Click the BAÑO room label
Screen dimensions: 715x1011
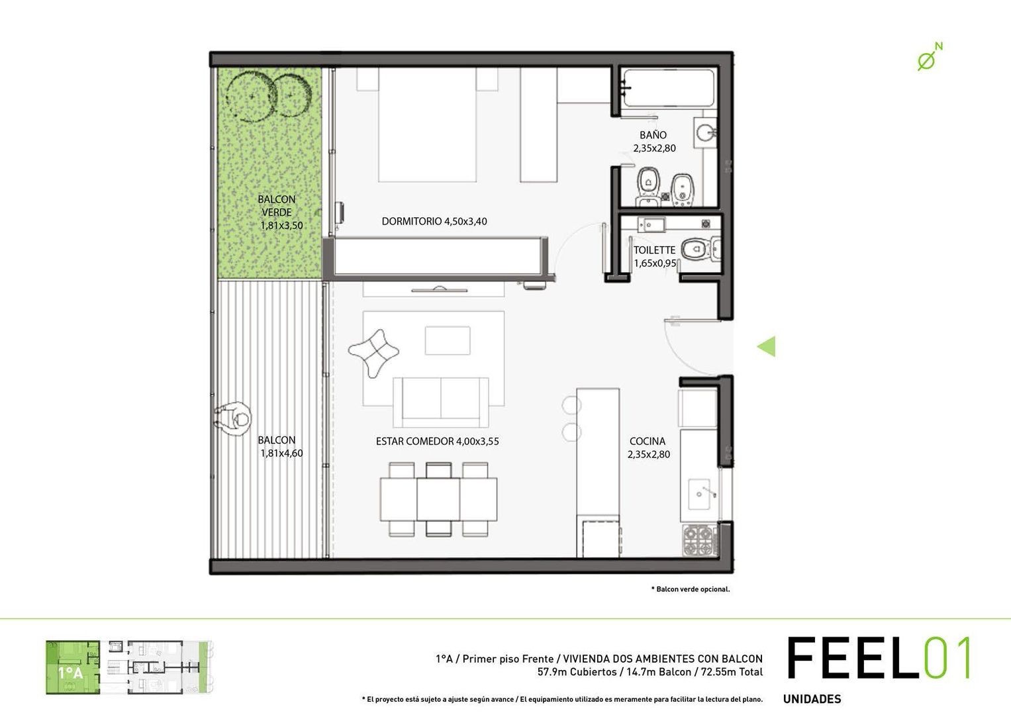(653, 135)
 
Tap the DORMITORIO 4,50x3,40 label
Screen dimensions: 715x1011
(434, 221)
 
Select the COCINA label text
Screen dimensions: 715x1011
(648, 442)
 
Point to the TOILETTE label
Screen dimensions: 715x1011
(654, 250)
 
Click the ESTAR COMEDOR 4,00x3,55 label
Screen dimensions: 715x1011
(437, 441)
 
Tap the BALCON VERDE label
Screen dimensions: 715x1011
(277, 206)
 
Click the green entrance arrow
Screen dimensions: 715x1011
(767, 346)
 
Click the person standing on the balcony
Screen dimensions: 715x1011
(233, 418)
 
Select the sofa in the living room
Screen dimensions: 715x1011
(441, 401)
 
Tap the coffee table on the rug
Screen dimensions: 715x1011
(448, 340)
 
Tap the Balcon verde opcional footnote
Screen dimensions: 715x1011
(691, 589)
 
